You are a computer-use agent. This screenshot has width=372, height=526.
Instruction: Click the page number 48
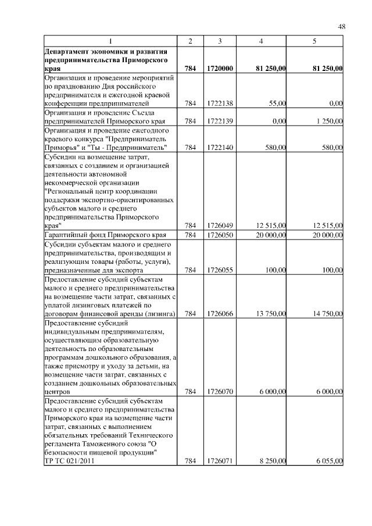(x=342, y=26)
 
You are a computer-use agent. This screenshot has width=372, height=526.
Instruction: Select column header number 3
(x=220, y=41)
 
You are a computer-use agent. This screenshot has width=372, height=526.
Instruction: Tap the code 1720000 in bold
(x=220, y=69)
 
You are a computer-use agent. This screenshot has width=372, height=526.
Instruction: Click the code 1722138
(x=220, y=103)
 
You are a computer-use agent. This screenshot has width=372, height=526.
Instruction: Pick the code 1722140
(x=220, y=148)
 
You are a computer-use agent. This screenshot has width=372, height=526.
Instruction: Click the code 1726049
(x=220, y=226)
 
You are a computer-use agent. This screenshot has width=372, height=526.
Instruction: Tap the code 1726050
(x=220, y=235)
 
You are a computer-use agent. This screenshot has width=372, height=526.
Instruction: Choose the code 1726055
(x=220, y=270)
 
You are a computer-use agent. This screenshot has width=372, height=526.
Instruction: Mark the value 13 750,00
(x=270, y=314)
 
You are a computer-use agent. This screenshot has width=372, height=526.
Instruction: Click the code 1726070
(x=220, y=392)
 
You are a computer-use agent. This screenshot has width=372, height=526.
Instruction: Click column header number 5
(x=314, y=41)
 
